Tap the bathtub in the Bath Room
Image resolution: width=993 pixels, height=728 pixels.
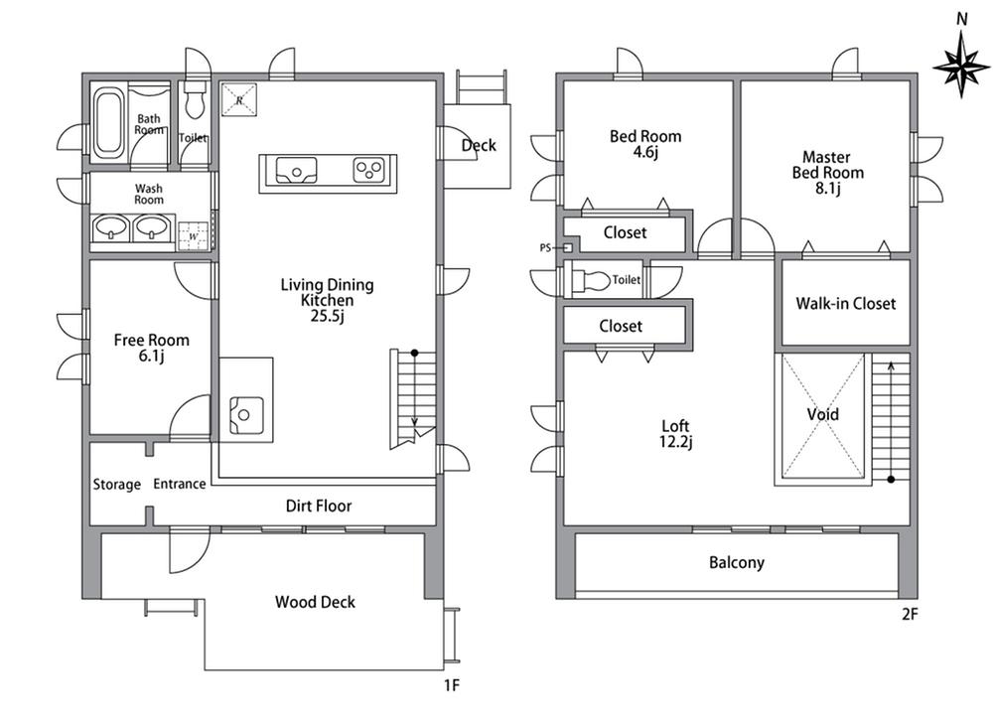coord(107,123)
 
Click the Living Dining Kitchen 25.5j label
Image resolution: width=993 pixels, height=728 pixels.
coord(327,300)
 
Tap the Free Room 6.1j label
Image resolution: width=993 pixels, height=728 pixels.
coord(151,349)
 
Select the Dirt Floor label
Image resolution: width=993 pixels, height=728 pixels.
coord(319,506)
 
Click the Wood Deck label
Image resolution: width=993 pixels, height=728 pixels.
coord(315,602)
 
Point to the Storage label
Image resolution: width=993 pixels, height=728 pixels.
coord(117,485)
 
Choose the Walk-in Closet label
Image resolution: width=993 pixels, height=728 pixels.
coord(845,304)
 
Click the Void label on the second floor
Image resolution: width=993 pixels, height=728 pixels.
coord(822,414)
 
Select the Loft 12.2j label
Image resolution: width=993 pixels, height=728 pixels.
coord(675,434)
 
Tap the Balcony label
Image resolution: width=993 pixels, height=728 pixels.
coord(737,563)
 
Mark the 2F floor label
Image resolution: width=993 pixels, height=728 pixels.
coord(910,614)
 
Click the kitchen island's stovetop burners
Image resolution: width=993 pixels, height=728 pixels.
coord(369,171)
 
